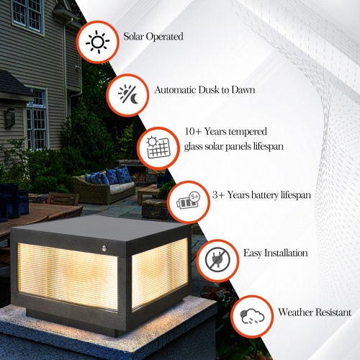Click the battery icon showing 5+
(186, 201)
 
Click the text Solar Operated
(153, 36)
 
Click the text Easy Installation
(275, 253)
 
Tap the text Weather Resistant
(315, 312)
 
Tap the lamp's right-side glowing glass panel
(159, 272)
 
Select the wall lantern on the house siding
(9, 117)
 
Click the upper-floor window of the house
(27, 13)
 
